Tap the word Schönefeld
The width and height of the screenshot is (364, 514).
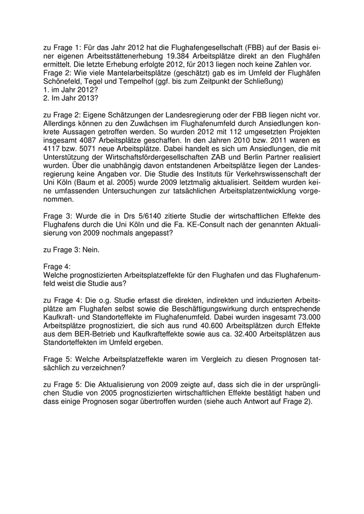tap(64, 81)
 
